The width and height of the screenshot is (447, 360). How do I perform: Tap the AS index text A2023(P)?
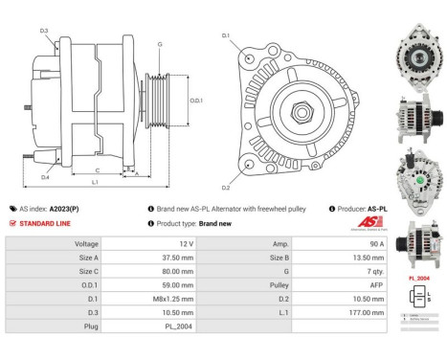66,208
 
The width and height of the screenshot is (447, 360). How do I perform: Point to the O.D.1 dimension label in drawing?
194,101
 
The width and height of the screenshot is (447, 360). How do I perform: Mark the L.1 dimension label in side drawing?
95,181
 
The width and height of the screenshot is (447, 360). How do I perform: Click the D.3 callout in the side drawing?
44,32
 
